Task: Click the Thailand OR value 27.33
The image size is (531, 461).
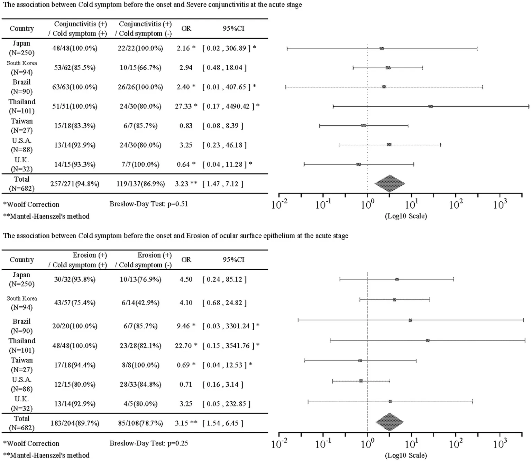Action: [x=183, y=106]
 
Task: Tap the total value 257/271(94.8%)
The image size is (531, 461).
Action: [x=75, y=184]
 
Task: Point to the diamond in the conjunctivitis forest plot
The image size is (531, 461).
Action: [x=390, y=184]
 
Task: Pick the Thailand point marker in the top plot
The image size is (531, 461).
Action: [x=430, y=106]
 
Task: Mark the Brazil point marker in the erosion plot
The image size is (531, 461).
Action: [x=410, y=320]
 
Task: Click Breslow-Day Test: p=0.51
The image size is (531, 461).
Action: [x=149, y=204]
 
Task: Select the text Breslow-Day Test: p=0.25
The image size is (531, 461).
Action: [x=149, y=443]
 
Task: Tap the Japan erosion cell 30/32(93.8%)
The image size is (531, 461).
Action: [x=75, y=279]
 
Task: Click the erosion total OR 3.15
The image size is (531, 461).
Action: [x=182, y=423]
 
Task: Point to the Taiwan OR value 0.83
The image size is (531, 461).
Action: [x=186, y=126]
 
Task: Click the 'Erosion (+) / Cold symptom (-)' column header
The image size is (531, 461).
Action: [x=143, y=260]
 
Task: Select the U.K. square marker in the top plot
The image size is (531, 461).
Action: [x=358, y=164]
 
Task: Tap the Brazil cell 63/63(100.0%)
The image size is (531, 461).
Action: [x=75, y=87]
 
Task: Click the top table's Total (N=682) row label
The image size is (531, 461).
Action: [x=21, y=184]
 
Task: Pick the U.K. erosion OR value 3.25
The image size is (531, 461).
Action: [x=186, y=404]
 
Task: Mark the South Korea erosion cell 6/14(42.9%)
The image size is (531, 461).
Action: [x=140, y=303]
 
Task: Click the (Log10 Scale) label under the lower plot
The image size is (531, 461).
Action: [x=406, y=455]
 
